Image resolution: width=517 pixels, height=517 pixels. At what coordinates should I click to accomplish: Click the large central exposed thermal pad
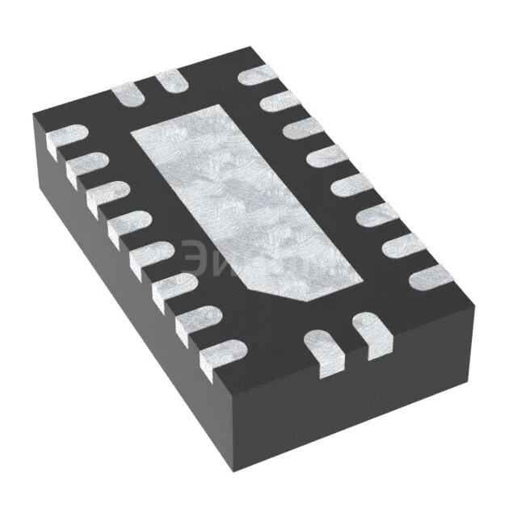[x=242, y=202]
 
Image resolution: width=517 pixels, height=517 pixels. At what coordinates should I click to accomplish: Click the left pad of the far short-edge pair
[x=129, y=94]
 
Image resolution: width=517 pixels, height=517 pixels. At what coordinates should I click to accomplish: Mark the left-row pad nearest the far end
[x=68, y=138]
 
